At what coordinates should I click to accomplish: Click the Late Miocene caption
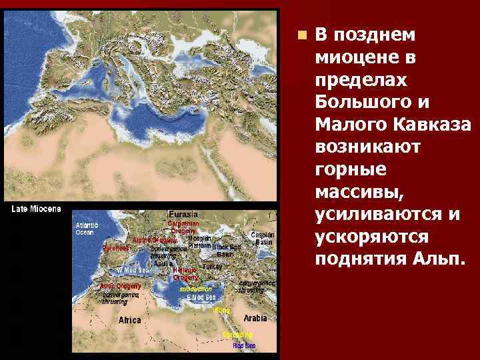[36, 209]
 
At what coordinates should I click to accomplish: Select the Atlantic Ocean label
[87, 229]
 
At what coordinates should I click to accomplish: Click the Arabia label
[255, 318]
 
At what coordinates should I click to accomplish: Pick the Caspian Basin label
[261, 238]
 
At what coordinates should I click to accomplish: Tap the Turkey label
[212, 265]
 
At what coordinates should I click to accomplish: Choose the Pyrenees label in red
[115, 248]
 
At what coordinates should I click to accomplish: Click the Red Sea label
[244, 346]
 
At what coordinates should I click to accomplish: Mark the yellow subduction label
[195, 289]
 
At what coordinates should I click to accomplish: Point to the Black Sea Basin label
[225, 250]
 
